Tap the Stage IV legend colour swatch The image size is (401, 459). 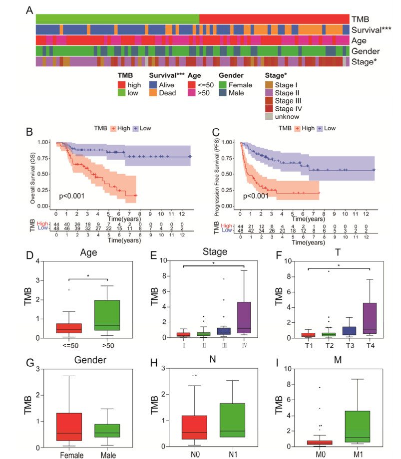point(268,107)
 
